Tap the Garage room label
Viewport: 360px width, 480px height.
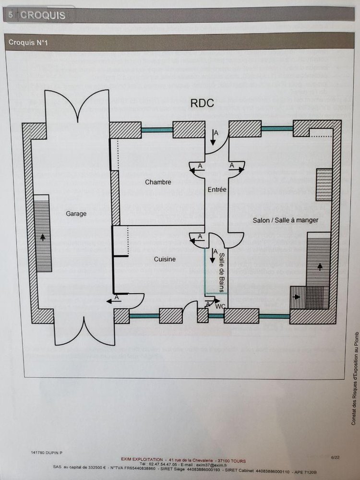click(x=76, y=214)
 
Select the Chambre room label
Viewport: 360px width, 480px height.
click(x=158, y=182)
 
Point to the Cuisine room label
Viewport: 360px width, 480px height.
click(x=165, y=259)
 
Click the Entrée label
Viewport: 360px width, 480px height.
click(x=217, y=190)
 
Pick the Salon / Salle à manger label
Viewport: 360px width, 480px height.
click(x=286, y=220)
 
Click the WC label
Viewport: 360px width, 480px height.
click(x=221, y=306)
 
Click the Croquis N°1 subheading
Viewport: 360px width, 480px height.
click(x=28, y=43)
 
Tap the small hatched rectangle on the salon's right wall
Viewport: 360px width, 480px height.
click(x=324, y=184)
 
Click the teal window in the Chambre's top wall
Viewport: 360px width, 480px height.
click(x=157, y=130)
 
